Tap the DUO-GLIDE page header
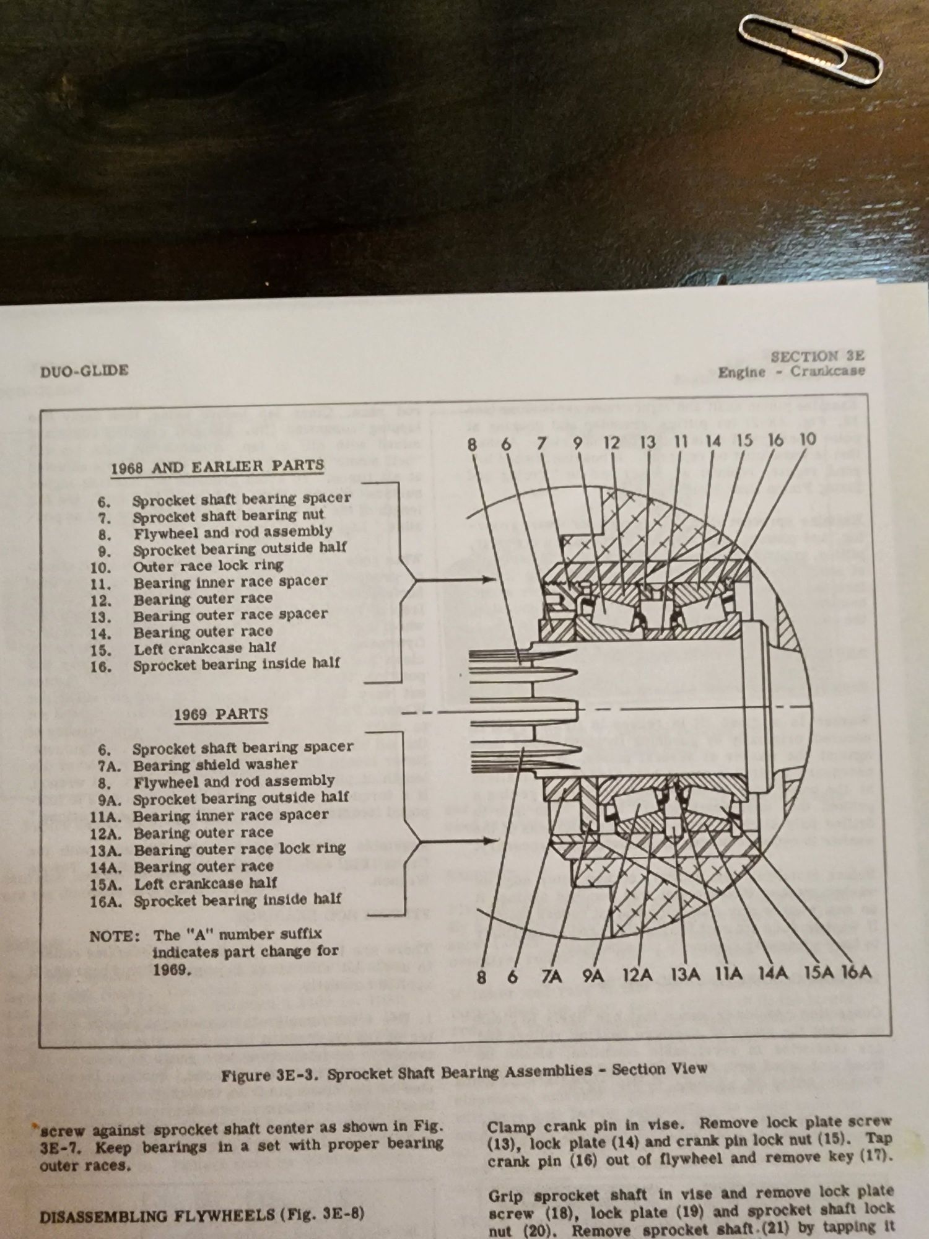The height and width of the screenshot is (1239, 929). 84,370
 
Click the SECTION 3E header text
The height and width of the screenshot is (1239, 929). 817,356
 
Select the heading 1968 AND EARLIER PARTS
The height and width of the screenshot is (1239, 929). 217,466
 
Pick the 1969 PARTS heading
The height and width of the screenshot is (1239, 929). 220,714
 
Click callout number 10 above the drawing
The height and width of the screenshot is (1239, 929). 807,439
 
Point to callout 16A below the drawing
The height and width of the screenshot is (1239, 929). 856,972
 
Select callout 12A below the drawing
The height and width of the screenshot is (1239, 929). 637,975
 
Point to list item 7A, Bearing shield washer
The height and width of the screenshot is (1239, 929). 214,764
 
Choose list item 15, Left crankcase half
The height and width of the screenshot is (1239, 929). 204,649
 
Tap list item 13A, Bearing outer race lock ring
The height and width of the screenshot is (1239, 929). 239,849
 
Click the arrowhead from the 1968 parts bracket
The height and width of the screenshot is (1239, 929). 492,580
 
